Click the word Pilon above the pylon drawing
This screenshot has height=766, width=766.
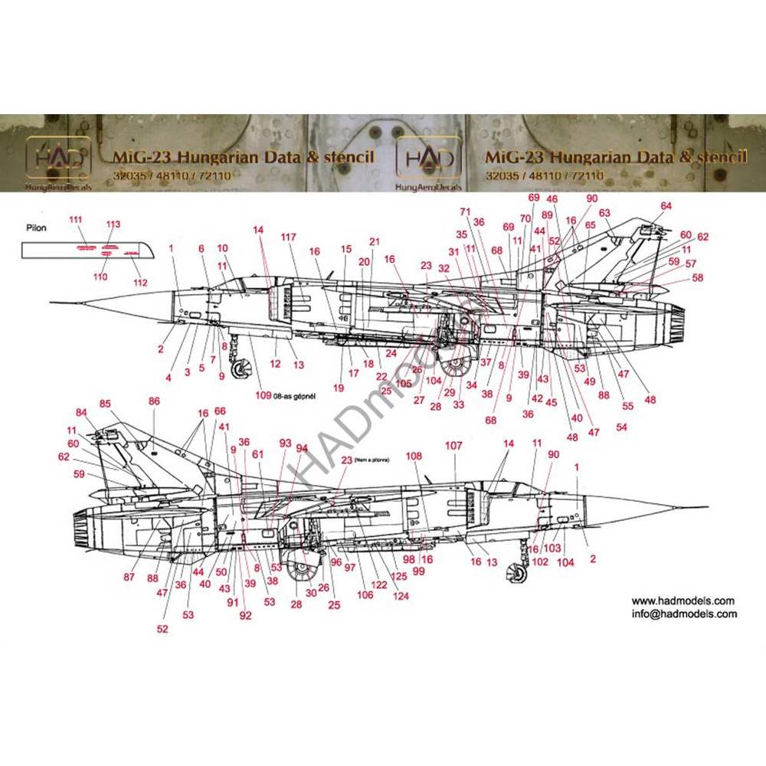click(36, 228)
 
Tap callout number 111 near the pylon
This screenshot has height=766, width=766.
click(75, 220)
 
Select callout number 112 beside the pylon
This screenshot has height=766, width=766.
click(139, 283)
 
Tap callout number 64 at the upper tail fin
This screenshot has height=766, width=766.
click(666, 205)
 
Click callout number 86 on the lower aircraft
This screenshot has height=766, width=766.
click(154, 401)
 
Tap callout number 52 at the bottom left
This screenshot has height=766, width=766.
click(162, 629)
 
